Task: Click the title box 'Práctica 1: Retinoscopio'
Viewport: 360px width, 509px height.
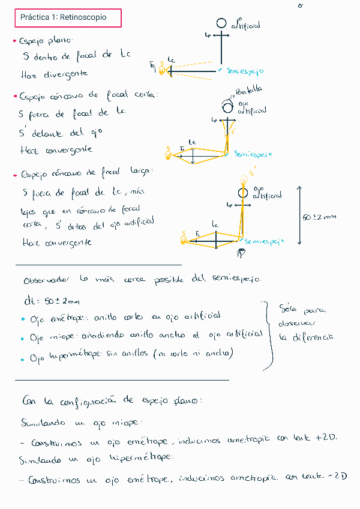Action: coord(68,18)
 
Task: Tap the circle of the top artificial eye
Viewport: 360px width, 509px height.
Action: coord(221,23)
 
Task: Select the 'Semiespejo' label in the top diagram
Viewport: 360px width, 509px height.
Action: coord(245,71)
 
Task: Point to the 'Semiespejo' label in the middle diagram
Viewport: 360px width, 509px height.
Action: coord(253,154)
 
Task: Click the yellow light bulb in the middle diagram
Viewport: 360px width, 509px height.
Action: coord(169,155)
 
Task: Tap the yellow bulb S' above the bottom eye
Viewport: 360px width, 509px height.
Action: coord(244,179)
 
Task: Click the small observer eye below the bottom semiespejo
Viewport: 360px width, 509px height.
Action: coord(241,253)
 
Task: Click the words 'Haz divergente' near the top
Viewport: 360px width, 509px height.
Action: coord(54,74)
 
